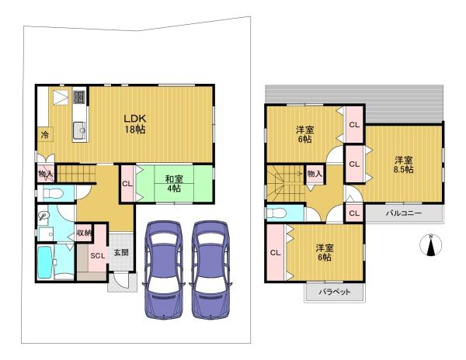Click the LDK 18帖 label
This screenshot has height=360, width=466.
pyautogui.click(x=134, y=124)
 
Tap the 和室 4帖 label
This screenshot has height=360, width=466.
pyautogui.click(x=174, y=184)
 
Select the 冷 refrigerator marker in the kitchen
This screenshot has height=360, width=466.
pyautogui.click(x=45, y=135)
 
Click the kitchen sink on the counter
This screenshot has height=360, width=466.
pyautogui.click(x=79, y=130)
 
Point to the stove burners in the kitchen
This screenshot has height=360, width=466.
pyautogui.click(x=79, y=97)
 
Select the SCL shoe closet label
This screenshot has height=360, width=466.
pyautogui.click(x=98, y=255)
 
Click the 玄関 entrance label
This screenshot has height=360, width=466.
pyautogui.click(x=122, y=253)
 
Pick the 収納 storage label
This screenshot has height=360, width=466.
pyautogui.click(x=84, y=233)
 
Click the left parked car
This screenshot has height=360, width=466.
pyautogui.click(x=164, y=269)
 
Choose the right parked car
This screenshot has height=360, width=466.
pyautogui.click(x=210, y=269)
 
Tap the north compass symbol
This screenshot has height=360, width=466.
pyautogui.click(x=430, y=245)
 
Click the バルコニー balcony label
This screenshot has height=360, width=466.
pyautogui.click(x=404, y=213)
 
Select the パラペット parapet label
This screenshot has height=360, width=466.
pyautogui.click(x=335, y=292)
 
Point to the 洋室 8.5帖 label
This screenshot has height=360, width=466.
pyautogui.click(x=404, y=165)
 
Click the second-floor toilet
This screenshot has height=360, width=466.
pyautogui.click(x=276, y=213)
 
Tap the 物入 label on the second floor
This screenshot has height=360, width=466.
pyautogui.click(x=315, y=173)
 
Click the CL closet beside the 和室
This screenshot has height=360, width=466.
pyautogui.click(x=127, y=184)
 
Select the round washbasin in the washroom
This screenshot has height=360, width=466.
pyautogui.click(x=43, y=215)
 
